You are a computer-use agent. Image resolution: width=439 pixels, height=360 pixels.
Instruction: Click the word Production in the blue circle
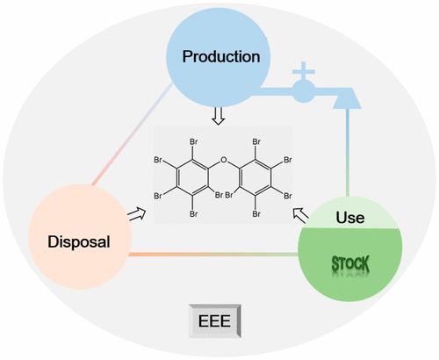(x=220, y=56)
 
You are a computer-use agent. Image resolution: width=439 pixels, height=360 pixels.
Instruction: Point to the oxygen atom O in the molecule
(x=224, y=161)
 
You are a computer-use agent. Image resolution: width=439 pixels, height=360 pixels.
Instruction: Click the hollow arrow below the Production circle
(x=219, y=115)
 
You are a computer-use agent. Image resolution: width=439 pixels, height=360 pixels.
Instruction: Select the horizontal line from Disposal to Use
(x=211, y=255)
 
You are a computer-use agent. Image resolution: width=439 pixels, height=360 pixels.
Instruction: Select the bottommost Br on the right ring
(x=257, y=212)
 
